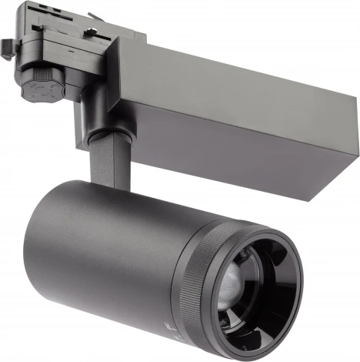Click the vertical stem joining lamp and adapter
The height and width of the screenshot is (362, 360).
(x=105, y=163)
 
